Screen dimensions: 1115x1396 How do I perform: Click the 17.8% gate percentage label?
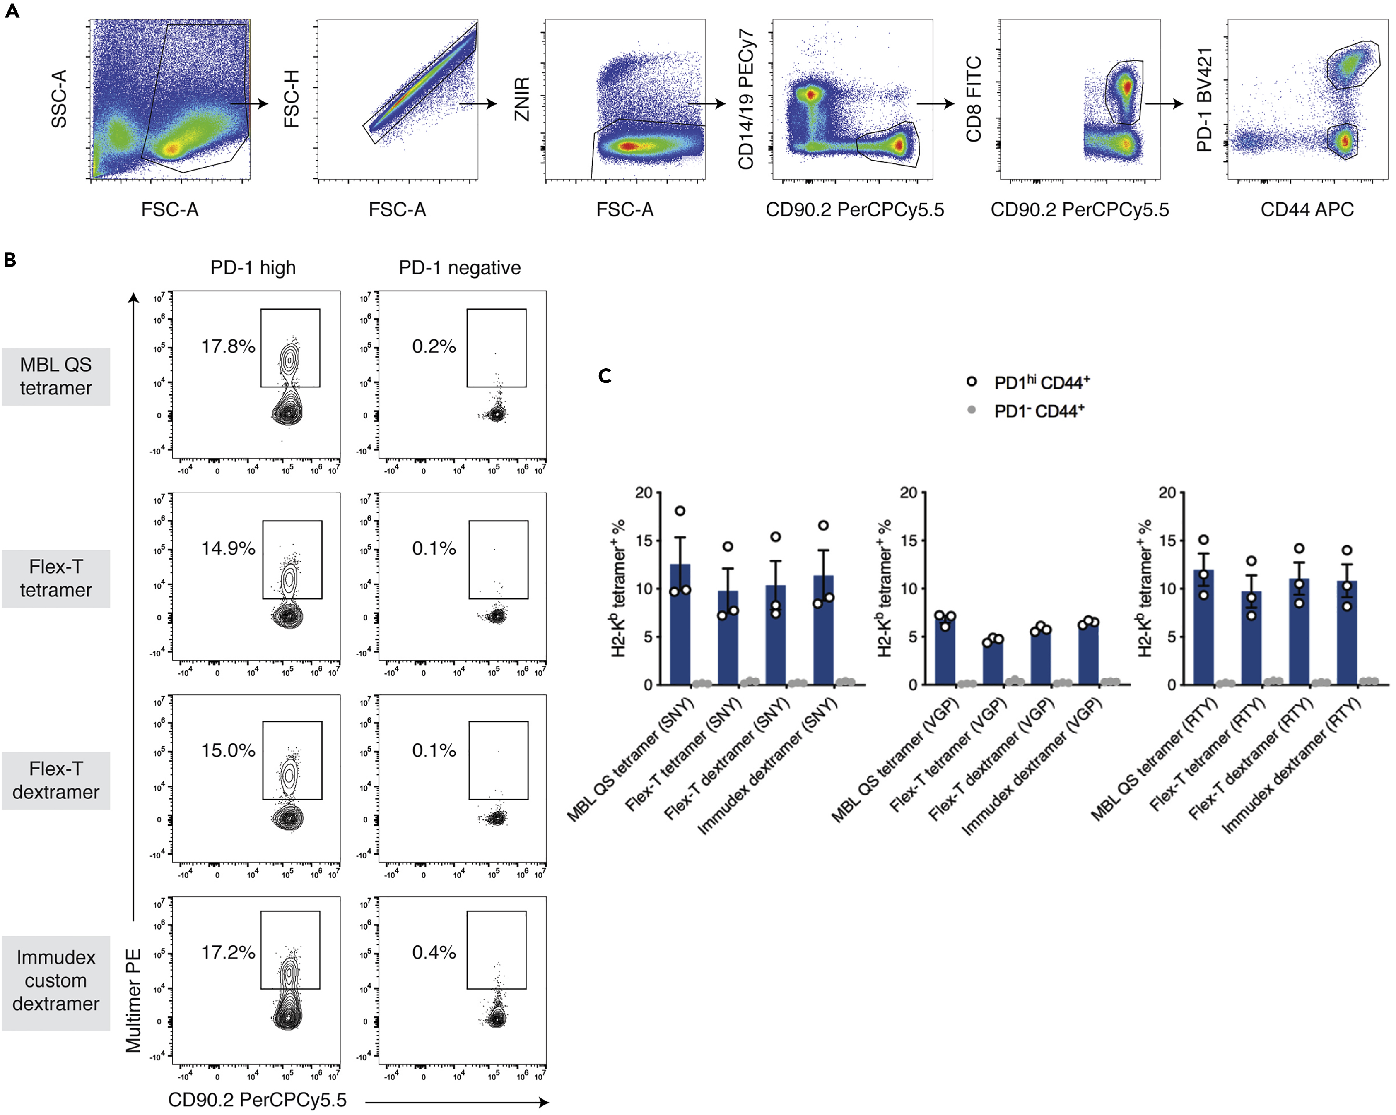[x=228, y=347]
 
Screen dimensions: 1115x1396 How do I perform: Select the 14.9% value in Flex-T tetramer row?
[x=228, y=549]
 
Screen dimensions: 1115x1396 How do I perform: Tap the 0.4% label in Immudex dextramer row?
[x=434, y=953]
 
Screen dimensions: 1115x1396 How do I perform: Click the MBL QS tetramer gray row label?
[x=55, y=377]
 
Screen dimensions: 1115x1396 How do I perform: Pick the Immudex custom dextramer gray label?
[x=55, y=981]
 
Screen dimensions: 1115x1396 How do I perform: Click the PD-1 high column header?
[x=253, y=268]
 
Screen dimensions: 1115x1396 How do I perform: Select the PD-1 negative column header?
[x=459, y=268]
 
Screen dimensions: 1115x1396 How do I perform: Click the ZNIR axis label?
[x=522, y=99]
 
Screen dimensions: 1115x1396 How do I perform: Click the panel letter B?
[x=10, y=260]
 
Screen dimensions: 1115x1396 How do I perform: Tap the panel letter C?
[x=605, y=376]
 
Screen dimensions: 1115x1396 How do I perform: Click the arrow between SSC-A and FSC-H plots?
[x=249, y=103]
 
